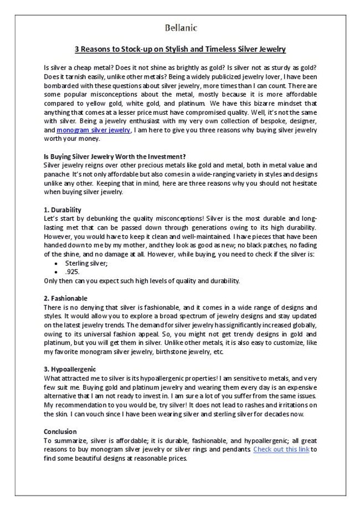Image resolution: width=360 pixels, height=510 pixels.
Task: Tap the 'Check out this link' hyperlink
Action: pyautogui.click(x=281, y=450)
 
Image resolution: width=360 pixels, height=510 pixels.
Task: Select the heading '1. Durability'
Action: pyautogui.click(x=62, y=210)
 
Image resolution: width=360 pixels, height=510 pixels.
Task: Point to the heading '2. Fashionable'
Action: pyautogui.click(x=65, y=298)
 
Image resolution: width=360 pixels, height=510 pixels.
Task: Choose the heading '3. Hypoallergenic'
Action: pyautogui.click(x=70, y=369)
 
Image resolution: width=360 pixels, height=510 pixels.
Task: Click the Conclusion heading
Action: pyautogui.click(x=60, y=431)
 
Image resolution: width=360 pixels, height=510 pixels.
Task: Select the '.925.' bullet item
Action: pyautogui.click(x=73, y=272)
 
